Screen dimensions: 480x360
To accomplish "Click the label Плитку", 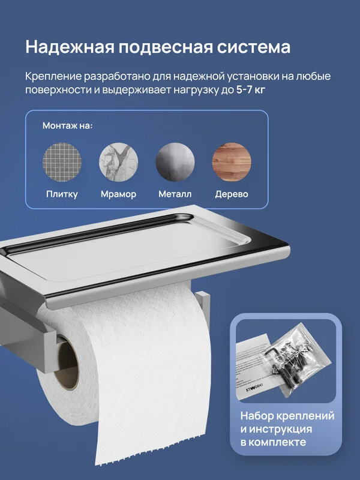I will point(62,194).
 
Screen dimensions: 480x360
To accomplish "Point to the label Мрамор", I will point(118,194).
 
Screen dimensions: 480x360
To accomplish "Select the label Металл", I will point(175,194).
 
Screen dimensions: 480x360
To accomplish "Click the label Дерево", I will point(231,194).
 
